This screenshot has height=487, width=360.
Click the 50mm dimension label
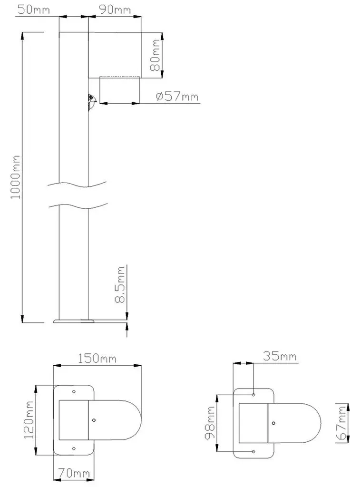(x=34, y=10)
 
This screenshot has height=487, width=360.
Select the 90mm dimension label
(x=115, y=10)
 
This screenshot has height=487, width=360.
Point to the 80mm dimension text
(x=155, y=55)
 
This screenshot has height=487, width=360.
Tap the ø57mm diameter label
(x=177, y=96)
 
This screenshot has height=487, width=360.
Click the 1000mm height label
(x=15, y=177)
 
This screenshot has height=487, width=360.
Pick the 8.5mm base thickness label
(x=120, y=284)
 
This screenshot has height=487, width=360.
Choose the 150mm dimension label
(x=97, y=359)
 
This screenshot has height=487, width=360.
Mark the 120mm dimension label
(x=29, y=419)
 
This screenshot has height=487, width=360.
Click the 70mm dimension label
(x=74, y=473)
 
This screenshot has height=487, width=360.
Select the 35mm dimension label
(x=280, y=356)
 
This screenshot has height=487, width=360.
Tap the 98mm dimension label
(x=210, y=422)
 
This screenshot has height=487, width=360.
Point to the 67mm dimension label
(x=342, y=422)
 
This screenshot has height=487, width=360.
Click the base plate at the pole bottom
(x=73, y=321)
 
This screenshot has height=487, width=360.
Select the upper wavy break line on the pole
(x=78, y=185)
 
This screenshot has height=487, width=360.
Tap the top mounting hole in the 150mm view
(x=74, y=392)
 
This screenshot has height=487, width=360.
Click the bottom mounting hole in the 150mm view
(x=74, y=448)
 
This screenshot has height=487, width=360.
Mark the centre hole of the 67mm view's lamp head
(x=273, y=423)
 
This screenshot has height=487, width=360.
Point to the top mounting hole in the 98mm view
(x=253, y=395)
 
